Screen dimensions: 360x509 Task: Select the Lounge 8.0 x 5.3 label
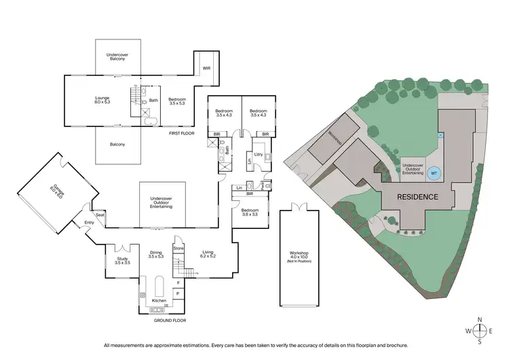[x=102, y=101]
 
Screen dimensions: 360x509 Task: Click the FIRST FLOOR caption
[x=182, y=133]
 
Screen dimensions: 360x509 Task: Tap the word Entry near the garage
[x=90, y=221]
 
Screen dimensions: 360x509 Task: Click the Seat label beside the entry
[x=100, y=215]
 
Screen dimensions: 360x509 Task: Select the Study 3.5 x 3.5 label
[x=122, y=260]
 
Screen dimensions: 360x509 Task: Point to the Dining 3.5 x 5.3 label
[x=156, y=255]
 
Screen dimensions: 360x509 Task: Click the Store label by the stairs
[x=178, y=249]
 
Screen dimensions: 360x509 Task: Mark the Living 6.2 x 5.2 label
[x=208, y=255]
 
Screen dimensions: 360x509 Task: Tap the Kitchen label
[x=159, y=300]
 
